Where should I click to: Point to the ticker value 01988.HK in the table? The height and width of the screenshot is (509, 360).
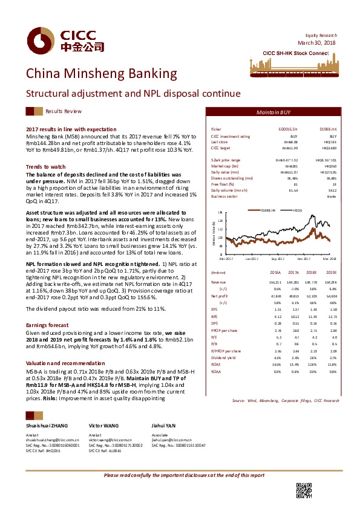pos(327,129)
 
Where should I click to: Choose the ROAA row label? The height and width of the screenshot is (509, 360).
pos(216,372)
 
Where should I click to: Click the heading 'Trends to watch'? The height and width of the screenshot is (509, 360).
pos(46,166)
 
